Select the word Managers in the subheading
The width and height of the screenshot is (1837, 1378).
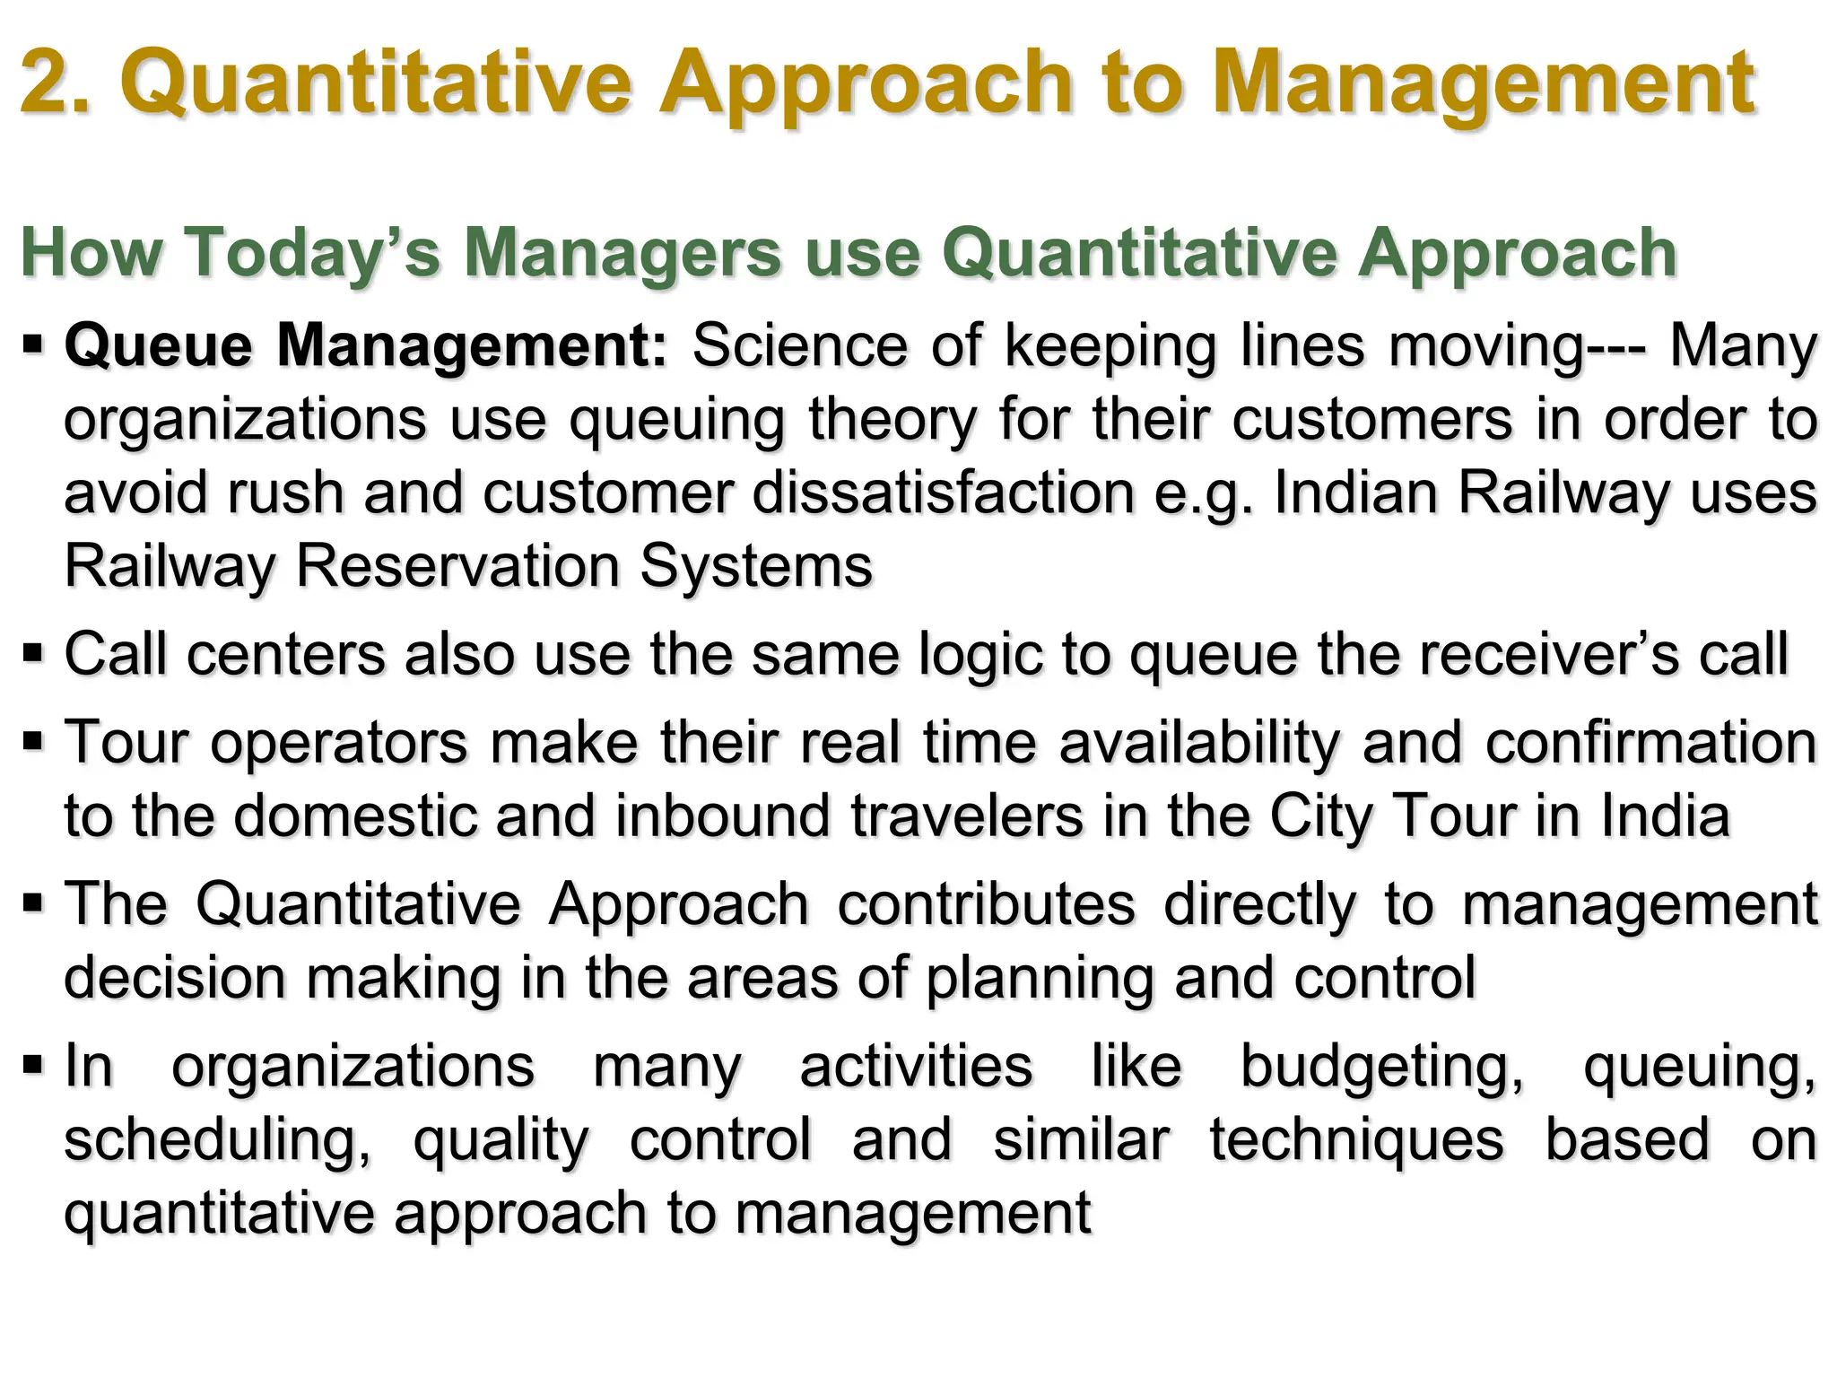[622, 252]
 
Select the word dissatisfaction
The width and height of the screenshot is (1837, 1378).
[944, 493]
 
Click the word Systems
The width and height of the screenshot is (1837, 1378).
[756, 566]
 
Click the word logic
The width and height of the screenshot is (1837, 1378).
[981, 655]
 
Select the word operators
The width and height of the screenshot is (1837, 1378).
[339, 744]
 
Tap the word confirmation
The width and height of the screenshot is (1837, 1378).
[1651, 743]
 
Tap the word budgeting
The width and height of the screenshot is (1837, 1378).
[1382, 1068]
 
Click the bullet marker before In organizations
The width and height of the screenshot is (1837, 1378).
[33, 1065]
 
